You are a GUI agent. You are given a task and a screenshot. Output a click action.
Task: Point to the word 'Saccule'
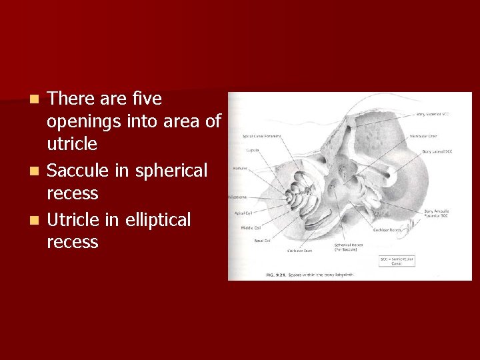(79, 171)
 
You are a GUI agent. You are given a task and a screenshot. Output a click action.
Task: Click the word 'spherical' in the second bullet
(171, 171)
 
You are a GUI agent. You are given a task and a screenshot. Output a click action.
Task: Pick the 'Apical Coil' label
(244, 213)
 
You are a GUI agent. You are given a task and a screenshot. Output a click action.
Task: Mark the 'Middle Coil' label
(251, 227)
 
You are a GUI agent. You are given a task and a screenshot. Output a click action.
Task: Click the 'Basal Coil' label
(262, 240)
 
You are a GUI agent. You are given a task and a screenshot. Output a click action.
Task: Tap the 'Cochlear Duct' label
(299, 251)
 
